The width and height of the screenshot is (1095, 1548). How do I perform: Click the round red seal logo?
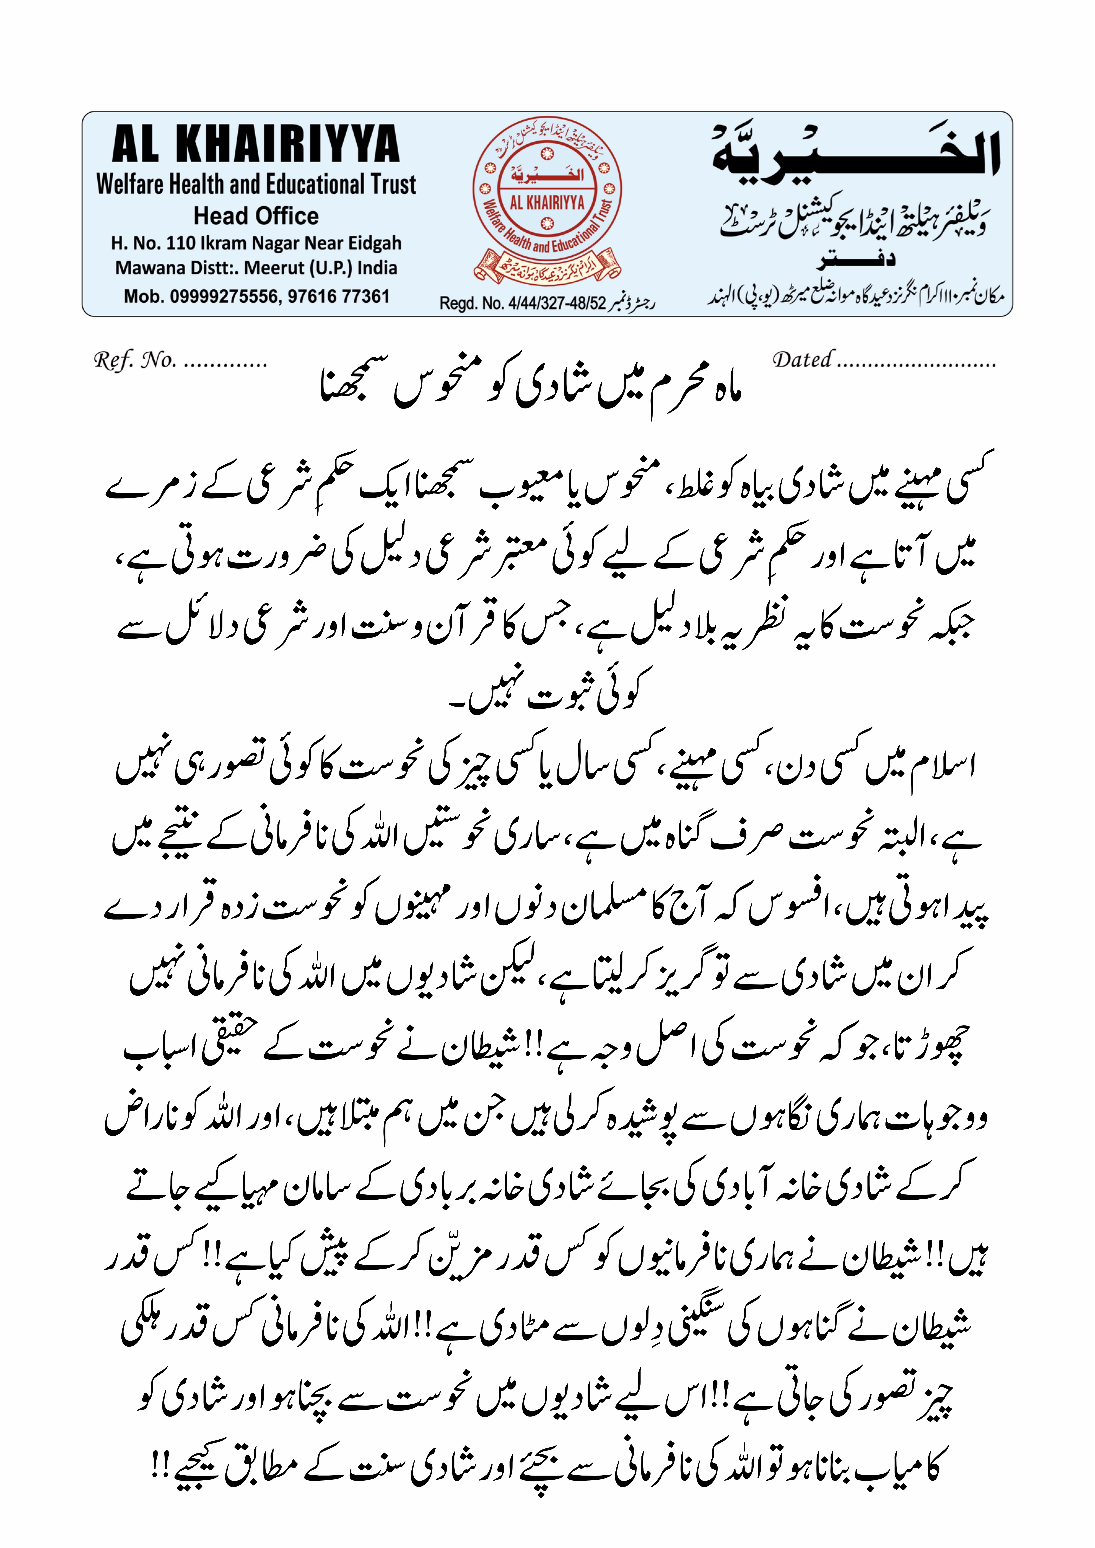(547, 195)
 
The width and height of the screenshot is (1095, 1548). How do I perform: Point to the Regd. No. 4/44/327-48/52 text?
(523, 303)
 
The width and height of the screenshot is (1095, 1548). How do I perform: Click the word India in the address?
(378, 268)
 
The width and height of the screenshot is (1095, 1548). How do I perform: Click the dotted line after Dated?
(917, 364)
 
